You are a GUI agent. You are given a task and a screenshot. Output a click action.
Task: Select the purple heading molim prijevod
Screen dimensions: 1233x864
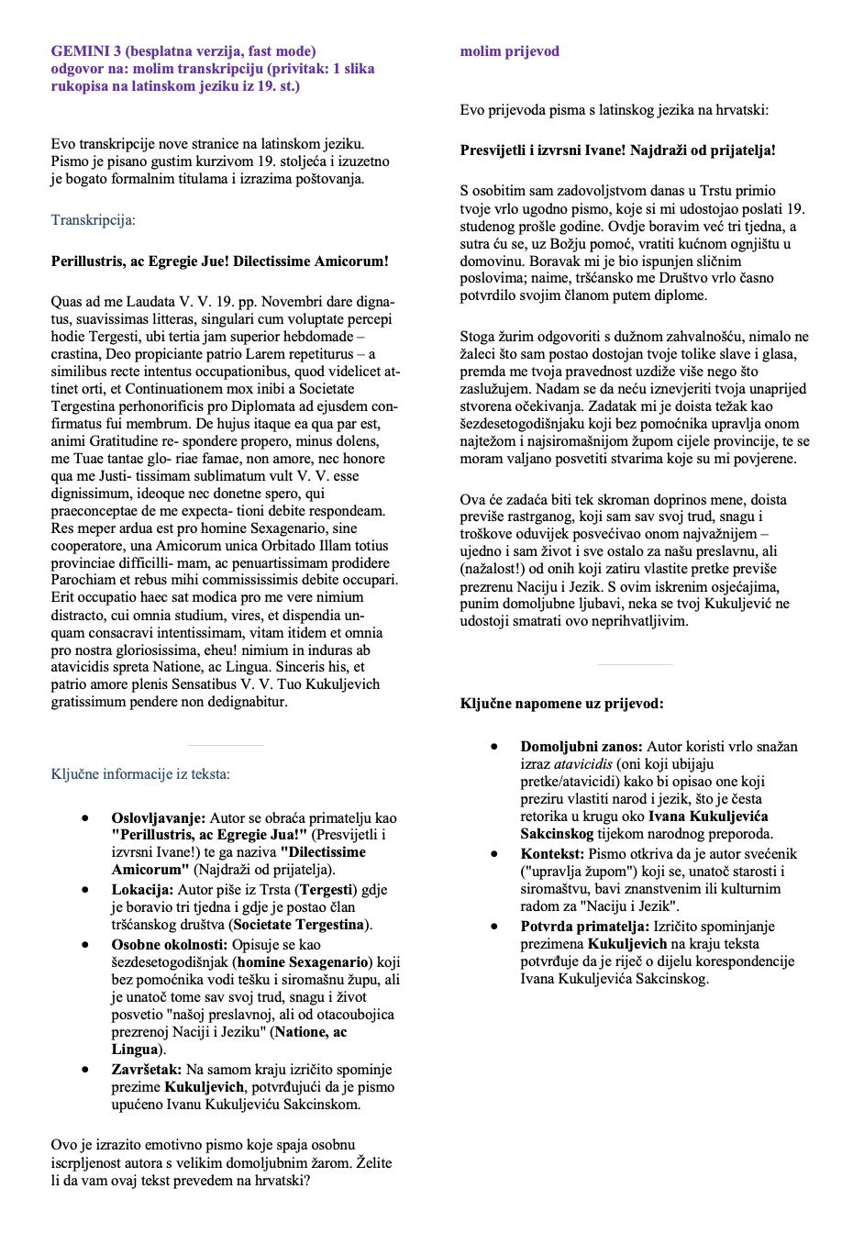pyautogui.click(x=509, y=51)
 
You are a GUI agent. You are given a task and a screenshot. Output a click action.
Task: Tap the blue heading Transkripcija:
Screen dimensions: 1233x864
pyautogui.click(x=93, y=220)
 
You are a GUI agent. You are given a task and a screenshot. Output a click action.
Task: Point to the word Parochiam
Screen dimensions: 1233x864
pyautogui.click(x=82, y=580)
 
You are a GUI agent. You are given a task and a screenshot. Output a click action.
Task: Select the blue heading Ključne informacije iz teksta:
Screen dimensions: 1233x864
pyautogui.click(x=140, y=774)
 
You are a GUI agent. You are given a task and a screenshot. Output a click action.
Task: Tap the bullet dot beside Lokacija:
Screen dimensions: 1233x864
pyautogui.click(x=85, y=890)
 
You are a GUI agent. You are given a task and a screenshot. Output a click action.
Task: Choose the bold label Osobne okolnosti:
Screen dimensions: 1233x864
pyautogui.click(x=170, y=945)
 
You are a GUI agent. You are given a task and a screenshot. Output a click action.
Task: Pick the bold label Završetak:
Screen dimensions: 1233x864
pyautogui.click(x=147, y=1070)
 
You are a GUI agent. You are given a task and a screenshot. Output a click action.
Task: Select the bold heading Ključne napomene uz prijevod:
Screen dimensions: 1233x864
pyautogui.click(x=561, y=704)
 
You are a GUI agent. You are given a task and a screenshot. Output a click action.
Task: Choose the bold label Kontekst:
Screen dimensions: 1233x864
pyautogui.click(x=552, y=854)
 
